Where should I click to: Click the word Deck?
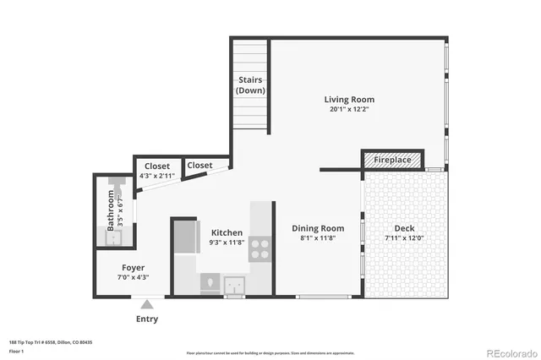403,228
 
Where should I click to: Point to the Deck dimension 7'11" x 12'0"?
403,238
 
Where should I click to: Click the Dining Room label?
318,228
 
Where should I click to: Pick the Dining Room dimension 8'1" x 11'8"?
318,238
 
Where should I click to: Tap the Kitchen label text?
227,232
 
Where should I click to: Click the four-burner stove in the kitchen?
260,248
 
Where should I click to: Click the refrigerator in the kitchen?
183,236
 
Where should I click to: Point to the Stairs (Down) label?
249,85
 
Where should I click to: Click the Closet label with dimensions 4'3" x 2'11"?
156,166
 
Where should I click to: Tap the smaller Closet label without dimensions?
199,166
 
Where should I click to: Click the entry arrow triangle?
147,303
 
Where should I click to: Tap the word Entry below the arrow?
147,319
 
